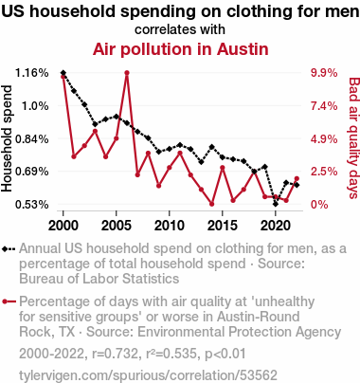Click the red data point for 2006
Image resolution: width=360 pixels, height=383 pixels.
point(127,73)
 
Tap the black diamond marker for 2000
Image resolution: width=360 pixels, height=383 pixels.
point(63,73)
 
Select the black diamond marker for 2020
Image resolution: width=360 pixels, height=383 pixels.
point(276,204)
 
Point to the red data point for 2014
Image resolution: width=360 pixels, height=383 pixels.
point(212,204)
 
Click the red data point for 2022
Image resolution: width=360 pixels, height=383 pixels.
point(297,179)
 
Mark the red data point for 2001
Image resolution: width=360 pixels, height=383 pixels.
point(74,156)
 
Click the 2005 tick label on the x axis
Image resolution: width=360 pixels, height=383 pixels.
point(117,226)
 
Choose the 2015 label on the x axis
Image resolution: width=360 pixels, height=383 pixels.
point(223,226)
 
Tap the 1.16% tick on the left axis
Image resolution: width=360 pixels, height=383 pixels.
point(32,73)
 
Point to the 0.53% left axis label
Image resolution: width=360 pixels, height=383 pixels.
point(32,205)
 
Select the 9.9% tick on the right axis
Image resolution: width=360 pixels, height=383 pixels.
point(324,73)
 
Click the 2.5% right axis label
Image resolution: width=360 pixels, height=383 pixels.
point(324,172)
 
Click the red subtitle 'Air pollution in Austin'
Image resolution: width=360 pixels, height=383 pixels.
point(181,49)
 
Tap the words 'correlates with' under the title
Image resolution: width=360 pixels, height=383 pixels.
point(180,29)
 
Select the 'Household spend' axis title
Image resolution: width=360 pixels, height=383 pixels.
point(7,138)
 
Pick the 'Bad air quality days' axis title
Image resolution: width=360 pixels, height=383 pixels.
point(354,138)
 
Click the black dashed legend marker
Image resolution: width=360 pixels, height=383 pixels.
point(9,249)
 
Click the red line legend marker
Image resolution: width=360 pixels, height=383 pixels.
point(9,301)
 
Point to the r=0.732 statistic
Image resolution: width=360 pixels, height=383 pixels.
point(115,354)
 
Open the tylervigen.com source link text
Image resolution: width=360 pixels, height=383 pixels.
point(148,375)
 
